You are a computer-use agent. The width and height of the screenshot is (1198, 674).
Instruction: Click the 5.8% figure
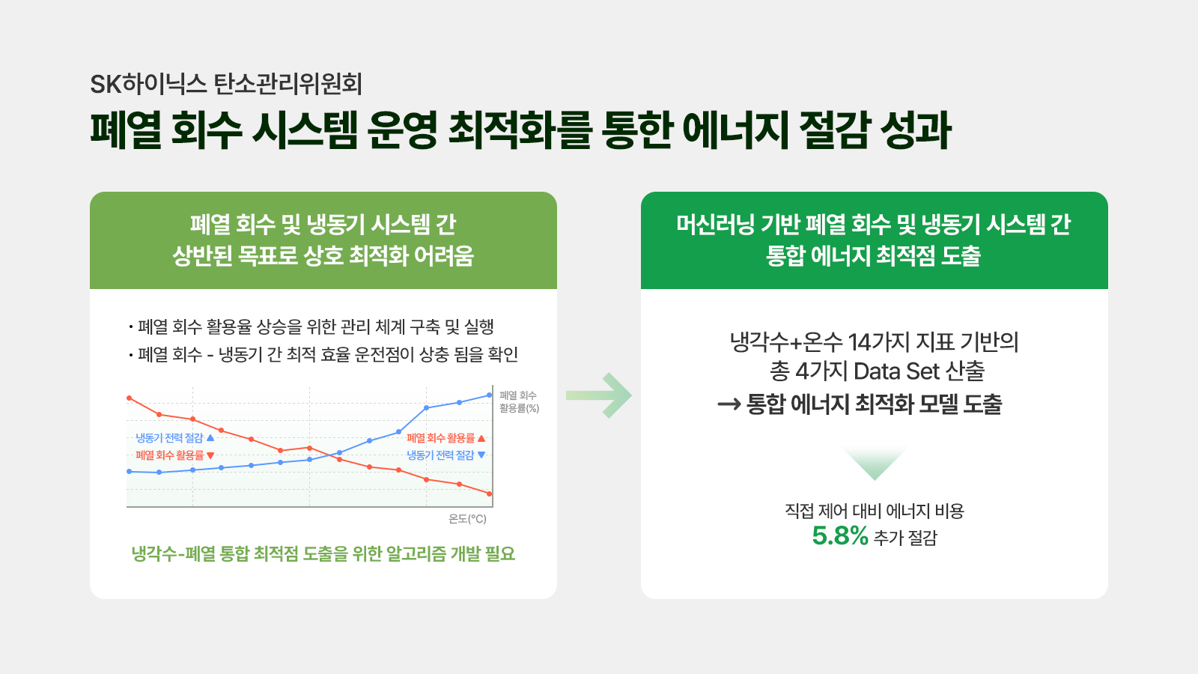(x=839, y=536)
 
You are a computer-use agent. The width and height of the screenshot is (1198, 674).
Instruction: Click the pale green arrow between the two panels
(x=599, y=395)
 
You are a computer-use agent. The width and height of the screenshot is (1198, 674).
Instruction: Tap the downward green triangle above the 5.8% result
(x=875, y=464)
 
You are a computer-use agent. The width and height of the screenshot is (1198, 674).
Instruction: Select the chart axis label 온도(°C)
(x=467, y=519)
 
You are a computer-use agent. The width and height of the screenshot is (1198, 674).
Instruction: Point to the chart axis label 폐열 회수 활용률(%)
(x=519, y=401)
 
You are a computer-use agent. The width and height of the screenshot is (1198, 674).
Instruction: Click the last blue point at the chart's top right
(x=490, y=395)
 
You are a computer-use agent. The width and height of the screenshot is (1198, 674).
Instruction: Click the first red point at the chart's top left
(x=129, y=398)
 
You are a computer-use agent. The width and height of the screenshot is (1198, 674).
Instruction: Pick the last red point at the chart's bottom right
(x=490, y=494)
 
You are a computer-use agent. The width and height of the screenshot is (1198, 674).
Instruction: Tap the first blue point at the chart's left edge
(x=129, y=471)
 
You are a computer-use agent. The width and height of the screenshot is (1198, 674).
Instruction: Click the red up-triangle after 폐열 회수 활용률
(x=481, y=438)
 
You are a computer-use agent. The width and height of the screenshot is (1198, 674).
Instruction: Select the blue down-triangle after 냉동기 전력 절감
(x=481, y=455)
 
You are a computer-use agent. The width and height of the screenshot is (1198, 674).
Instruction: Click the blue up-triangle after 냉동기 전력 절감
(x=210, y=437)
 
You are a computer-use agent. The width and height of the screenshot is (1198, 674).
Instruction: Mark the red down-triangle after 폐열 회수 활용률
(x=210, y=456)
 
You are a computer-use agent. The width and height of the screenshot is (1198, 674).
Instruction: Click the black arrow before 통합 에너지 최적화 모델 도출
(x=729, y=404)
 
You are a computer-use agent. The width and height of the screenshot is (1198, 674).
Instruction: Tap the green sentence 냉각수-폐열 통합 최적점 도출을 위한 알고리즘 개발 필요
(x=323, y=553)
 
